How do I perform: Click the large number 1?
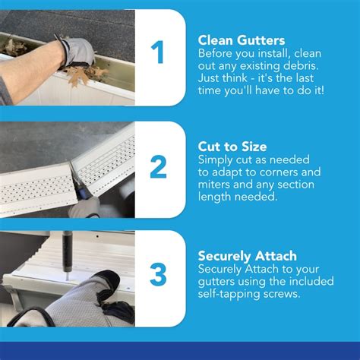click(x=157, y=54)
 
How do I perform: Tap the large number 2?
click(x=157, y=166)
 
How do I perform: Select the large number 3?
click(x=157, y=275)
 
